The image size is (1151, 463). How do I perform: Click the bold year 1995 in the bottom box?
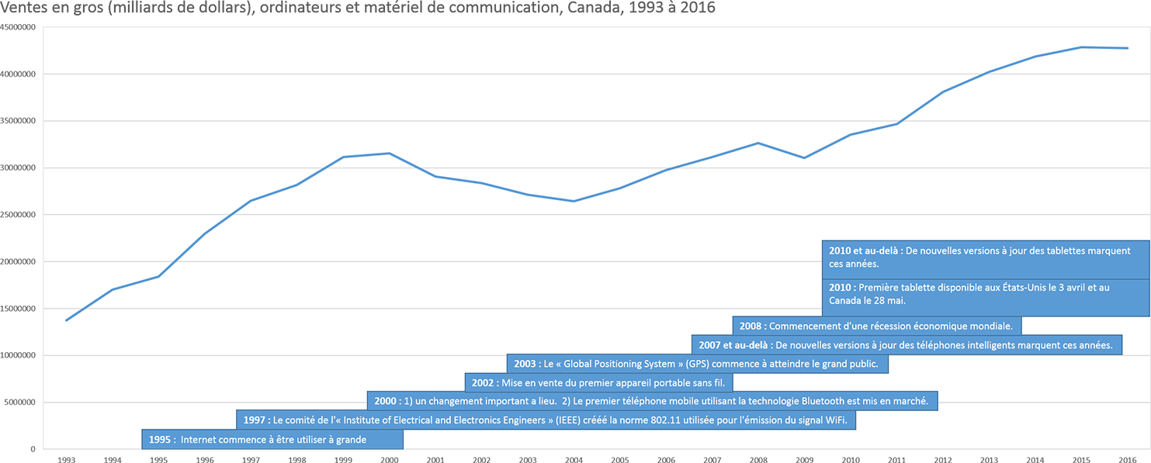160,440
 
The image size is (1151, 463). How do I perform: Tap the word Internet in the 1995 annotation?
199,440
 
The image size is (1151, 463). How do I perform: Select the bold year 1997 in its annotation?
255,420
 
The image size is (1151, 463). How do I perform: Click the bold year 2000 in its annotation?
387,401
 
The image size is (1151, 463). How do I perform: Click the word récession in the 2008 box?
906,326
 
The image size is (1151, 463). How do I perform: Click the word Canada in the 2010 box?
847,300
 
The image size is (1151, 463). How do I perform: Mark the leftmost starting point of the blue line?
67,320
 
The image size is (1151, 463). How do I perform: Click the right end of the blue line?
1128,48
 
